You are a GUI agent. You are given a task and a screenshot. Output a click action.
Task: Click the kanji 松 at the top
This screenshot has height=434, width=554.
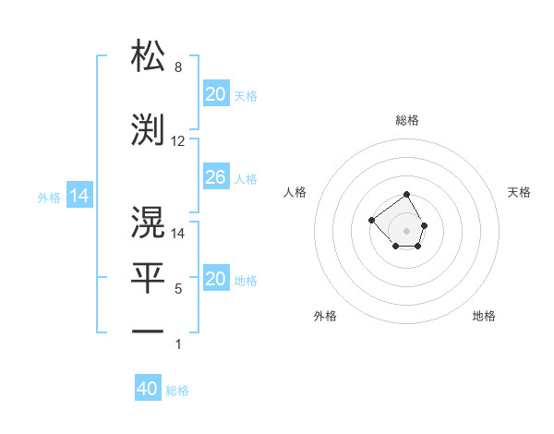148,56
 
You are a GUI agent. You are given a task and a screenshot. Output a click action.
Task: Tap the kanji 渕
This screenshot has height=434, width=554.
148,130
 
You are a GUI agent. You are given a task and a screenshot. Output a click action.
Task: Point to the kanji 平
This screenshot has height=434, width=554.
148,277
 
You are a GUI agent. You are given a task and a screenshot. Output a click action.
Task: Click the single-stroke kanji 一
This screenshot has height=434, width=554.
148,331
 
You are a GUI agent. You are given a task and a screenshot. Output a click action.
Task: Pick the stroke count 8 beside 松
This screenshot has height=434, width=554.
178,68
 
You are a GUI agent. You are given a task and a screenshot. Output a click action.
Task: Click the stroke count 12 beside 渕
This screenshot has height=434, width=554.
178,141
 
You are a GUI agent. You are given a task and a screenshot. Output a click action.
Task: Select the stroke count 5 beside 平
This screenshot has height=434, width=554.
178,289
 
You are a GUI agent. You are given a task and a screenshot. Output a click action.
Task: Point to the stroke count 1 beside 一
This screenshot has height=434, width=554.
178,344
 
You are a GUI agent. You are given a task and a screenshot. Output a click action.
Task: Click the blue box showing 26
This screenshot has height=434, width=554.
215,177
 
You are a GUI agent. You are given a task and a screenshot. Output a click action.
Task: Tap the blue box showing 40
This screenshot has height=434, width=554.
148,389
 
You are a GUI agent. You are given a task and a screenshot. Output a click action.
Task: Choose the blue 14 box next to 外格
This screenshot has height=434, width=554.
79,196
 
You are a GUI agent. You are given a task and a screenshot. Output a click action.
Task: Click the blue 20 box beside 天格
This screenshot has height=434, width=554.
215,94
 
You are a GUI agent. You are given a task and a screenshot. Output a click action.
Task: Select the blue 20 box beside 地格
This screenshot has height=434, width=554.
215,279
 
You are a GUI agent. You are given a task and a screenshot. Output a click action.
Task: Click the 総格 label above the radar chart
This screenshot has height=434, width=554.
407,120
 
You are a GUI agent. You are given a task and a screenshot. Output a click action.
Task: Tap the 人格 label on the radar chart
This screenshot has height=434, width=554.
295,192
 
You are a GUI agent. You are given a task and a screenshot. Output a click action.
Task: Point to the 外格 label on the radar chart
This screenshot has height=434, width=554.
325,316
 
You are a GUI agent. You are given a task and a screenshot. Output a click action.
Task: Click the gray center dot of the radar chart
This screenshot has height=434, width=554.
407,230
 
